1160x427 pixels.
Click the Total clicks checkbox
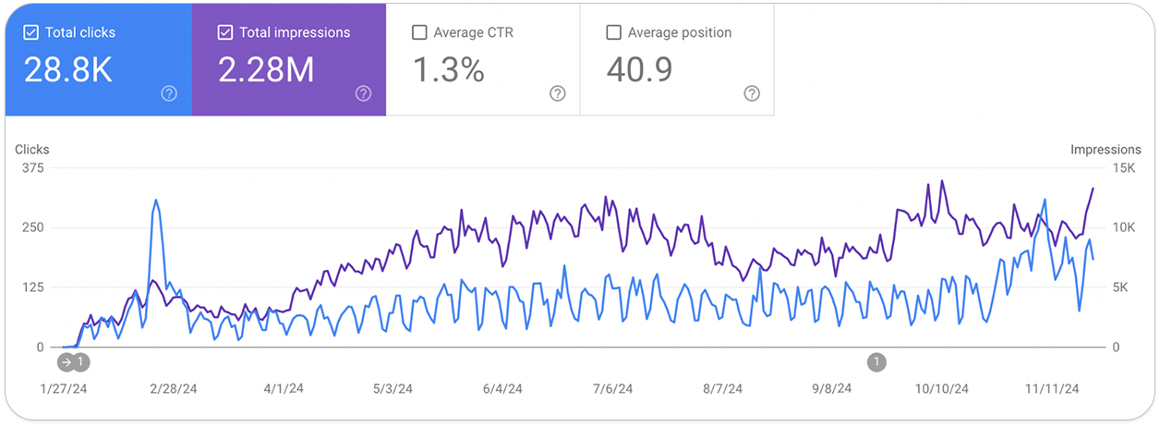pyautogui.click(x=31, y=32)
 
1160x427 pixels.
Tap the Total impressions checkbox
pyautogui.click(x=225, y=32)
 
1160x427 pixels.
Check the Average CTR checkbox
pyautogui.click(x=419, y=32)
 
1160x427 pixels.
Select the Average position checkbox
pyautogui.click(x=613, y=32)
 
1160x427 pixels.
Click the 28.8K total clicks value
pyautogui.click(x=68, y=70)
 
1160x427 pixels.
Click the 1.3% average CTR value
pyautogui.click(x=448, y=70)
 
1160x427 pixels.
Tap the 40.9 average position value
pyautogui.click(x=639, y=70)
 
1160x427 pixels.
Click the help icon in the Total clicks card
pyautogui.click(x=169, y=93)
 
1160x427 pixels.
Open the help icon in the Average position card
pyautogui.click(x=752, y=93)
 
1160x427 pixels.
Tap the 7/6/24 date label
pyautogui.click(x=611, y=389)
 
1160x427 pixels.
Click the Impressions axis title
pyautogui.click(x=1106, y=149)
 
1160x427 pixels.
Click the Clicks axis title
pyautogui.click(x=32, y=149)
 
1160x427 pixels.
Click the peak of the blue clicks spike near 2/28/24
pyautogui.click(x=156, y=201)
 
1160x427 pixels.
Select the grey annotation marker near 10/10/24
pyautogui.click(x=876, y=361)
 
